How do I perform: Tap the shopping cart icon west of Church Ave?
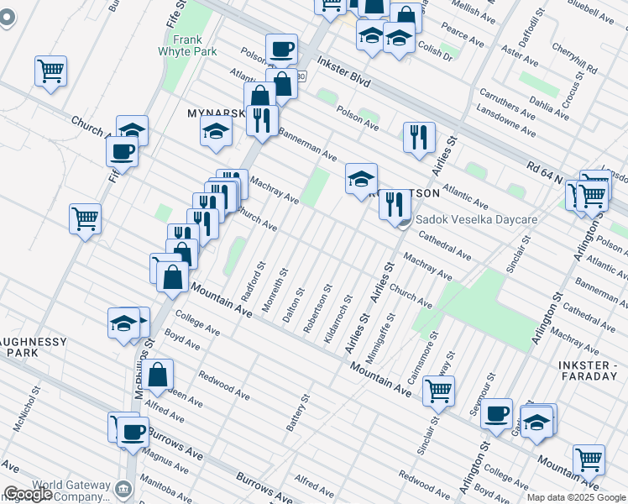click(x=85, y=220)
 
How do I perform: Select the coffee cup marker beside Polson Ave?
click(x=281, y=50)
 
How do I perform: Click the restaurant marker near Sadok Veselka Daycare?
click(x=395, y=204)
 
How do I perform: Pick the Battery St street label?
click(x=298, y=412)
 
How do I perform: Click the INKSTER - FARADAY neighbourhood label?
click(x=592, y=370)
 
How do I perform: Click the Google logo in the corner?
click(x=28, y=494)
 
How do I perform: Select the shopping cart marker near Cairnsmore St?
click(x=437, y=390)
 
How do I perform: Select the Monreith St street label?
click(x=275, y=291)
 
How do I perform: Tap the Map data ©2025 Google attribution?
click(x=577, y=497)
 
